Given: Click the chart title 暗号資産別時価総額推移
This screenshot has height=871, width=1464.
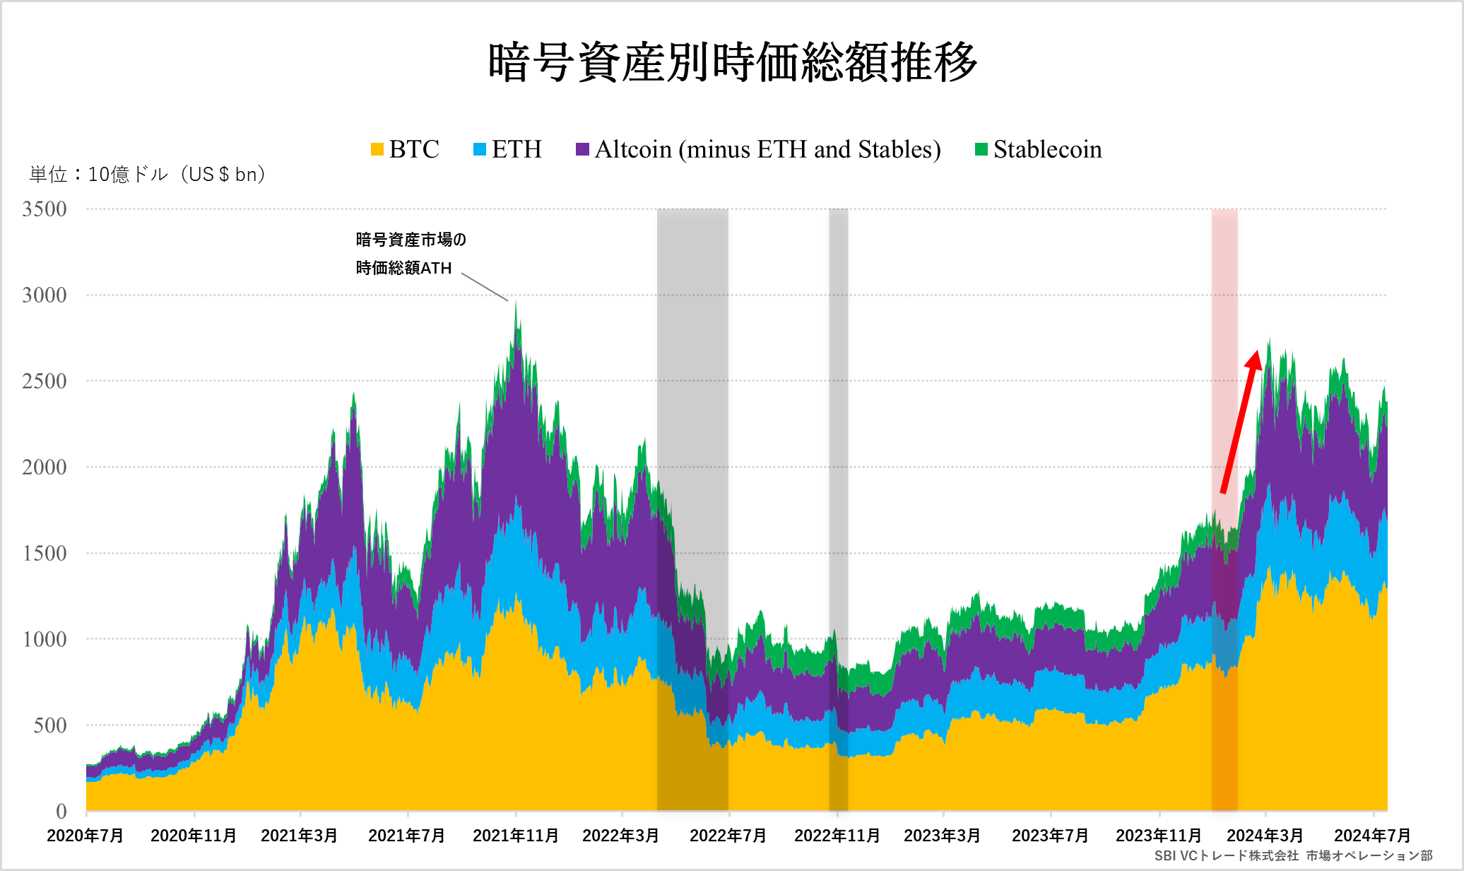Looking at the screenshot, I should coord(733,62).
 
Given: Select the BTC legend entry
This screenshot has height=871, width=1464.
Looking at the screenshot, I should coord(405,149).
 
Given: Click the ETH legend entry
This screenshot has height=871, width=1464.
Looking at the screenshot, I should coord(507,149).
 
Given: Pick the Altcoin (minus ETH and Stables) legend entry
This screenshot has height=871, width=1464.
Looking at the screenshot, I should coord(758,149).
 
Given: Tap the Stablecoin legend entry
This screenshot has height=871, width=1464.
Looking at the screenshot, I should coord(1038,149).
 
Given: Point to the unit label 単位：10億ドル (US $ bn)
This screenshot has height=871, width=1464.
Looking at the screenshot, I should coord(147,174).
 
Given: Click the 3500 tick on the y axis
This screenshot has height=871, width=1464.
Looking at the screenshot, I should coord(44,209).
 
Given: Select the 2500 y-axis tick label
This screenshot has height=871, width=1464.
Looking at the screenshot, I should coord(44,381).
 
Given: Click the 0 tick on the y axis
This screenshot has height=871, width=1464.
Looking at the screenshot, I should coord(61,811).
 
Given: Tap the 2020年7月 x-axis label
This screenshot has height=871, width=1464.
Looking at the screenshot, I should coord(85,836).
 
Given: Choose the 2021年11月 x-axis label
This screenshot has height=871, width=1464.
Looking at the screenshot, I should coord(515,836).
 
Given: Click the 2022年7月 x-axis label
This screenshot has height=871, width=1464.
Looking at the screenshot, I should coord(728,836).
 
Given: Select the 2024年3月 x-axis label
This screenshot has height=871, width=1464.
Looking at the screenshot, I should coord(1265,836).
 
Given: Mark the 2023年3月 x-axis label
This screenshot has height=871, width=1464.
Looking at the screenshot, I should coord(942,836).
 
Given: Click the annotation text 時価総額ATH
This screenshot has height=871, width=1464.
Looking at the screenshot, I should coord(403,268).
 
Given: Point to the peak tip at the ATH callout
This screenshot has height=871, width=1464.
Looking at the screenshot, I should coord(516,302).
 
